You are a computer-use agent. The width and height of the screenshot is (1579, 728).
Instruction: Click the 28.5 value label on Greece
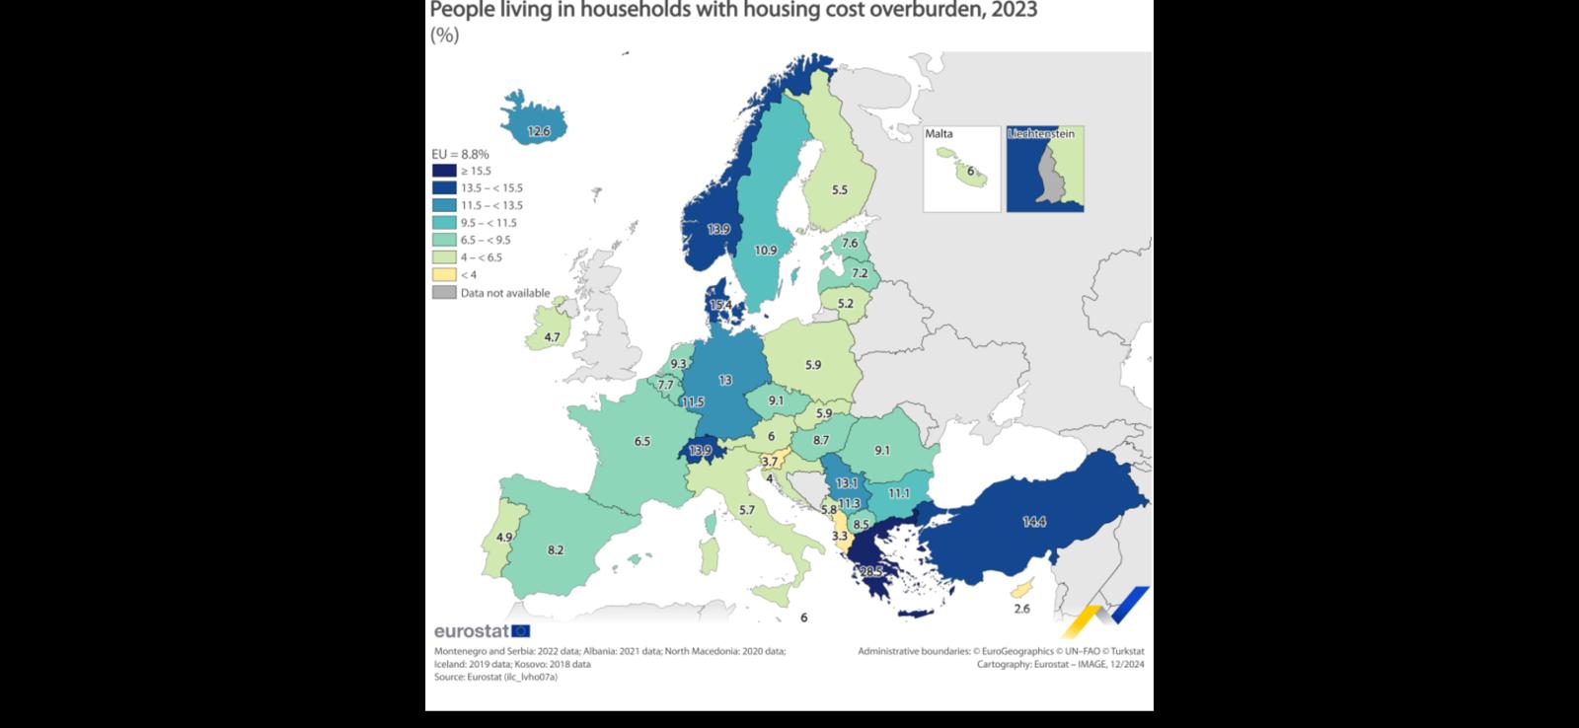tap(870, 571)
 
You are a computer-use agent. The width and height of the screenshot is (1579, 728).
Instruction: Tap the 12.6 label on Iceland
tap(538, 131)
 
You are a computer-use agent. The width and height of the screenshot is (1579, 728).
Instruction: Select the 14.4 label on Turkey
tap(1033, 522)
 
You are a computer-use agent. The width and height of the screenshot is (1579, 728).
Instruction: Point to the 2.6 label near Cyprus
tap(1021, 609)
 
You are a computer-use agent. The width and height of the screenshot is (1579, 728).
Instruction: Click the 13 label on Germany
tap(724, 380)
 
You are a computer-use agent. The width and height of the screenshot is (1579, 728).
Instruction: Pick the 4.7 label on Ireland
tap(552, 337)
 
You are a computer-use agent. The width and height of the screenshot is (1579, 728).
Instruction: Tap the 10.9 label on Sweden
tap(765, 251)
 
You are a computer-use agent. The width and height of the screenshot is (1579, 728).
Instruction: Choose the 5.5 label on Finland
tap(839, 190)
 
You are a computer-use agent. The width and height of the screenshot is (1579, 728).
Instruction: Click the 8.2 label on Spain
tap(555, 549)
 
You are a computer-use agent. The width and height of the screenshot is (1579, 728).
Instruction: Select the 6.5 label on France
tap(641, 441)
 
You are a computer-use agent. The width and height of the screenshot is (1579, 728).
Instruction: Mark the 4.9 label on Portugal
tap(504, 538)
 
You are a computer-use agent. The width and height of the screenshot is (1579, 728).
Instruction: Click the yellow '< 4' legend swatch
tap(444, 274)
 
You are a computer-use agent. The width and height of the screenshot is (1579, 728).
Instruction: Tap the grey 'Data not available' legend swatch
tap(444, 292)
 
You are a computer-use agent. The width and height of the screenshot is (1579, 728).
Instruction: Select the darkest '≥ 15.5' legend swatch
tap(444, 171)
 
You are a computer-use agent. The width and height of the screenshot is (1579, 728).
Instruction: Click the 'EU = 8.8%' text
tap(460, 154)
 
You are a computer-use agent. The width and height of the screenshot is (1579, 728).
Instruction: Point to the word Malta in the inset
tap(939, 134)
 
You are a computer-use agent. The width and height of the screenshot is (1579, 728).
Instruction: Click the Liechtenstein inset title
tap(1041, 134)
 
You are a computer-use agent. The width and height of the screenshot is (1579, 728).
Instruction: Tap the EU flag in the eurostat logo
tap(521, 631)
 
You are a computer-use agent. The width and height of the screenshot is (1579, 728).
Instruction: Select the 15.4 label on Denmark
tap(720, 305)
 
